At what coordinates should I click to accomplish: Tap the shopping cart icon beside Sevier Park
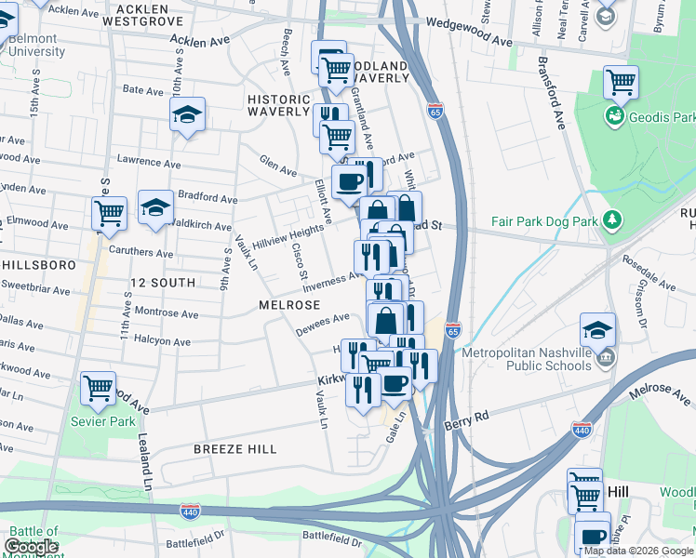[98, 388]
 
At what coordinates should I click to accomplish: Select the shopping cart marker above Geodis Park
[621, 82]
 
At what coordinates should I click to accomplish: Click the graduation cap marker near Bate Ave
[187, 114]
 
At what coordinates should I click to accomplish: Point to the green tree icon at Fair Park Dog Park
[612, 220]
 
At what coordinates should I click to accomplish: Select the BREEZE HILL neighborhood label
[234, 449]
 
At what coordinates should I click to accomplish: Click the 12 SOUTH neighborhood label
[163, 282]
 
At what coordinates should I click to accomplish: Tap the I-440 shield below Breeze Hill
[190, 510]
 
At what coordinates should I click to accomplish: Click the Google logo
[32, 547]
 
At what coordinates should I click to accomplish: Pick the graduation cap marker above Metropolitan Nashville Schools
[597, 328]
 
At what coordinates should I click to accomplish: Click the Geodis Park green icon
[614, 116]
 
